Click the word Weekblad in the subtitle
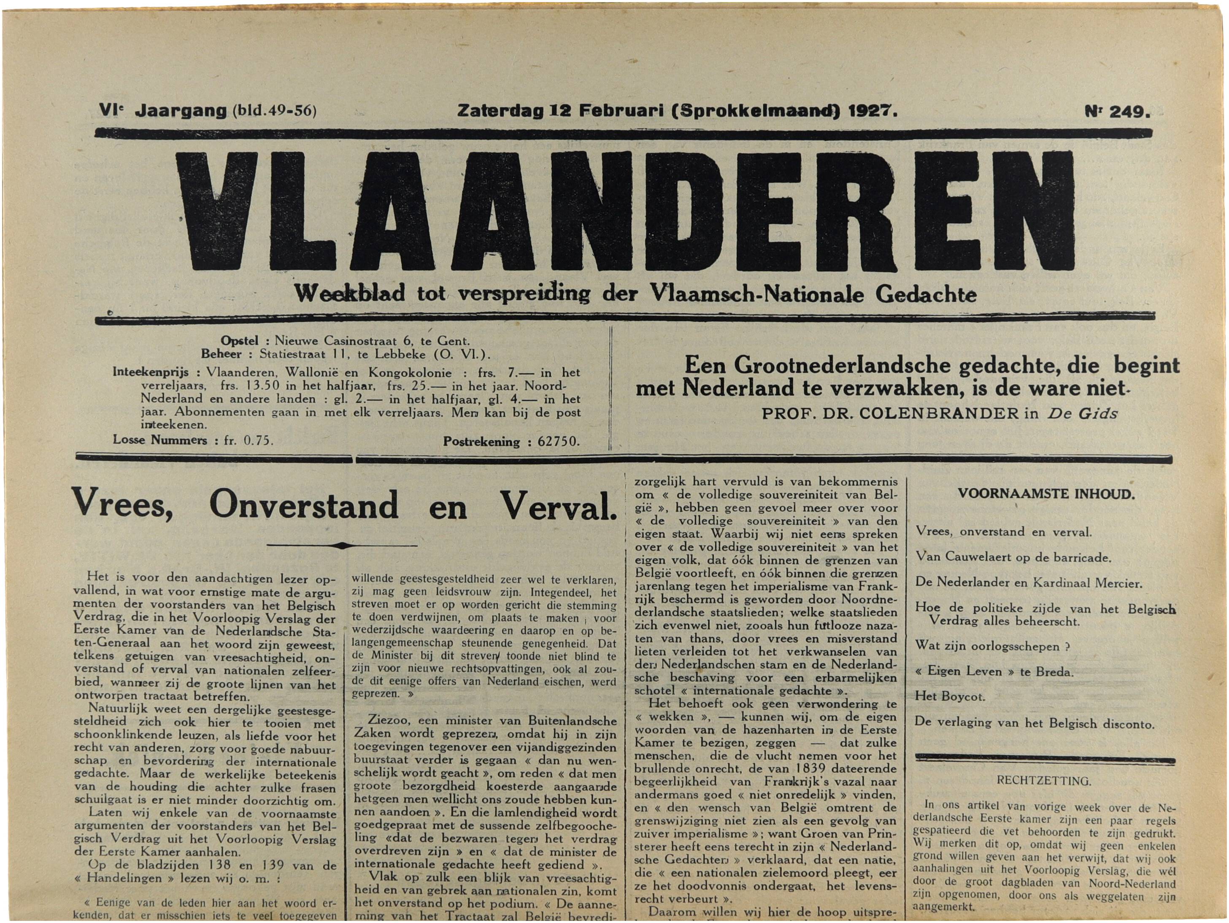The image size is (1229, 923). (350, 293)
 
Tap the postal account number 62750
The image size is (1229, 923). (558, 442)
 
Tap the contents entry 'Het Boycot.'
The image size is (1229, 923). (950, 697)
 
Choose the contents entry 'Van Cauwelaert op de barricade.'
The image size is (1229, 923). (1013, 557)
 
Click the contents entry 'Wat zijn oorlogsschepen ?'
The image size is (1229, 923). (992, 646)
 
